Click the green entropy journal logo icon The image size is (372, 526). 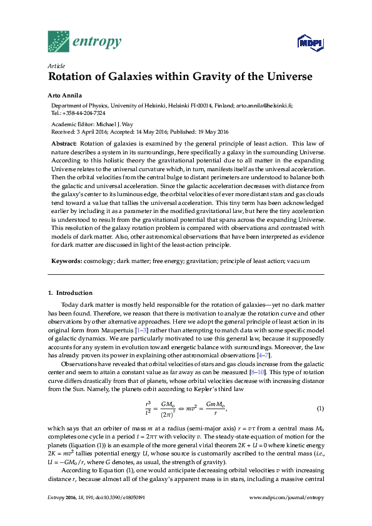click(x=59, y=41)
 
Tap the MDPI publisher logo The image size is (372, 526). click(x=310, y=43)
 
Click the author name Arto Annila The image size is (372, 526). click(x=66, y=96)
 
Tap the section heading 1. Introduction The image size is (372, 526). click(x=70, y=292)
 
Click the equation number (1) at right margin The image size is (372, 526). click(x=319, y=408)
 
